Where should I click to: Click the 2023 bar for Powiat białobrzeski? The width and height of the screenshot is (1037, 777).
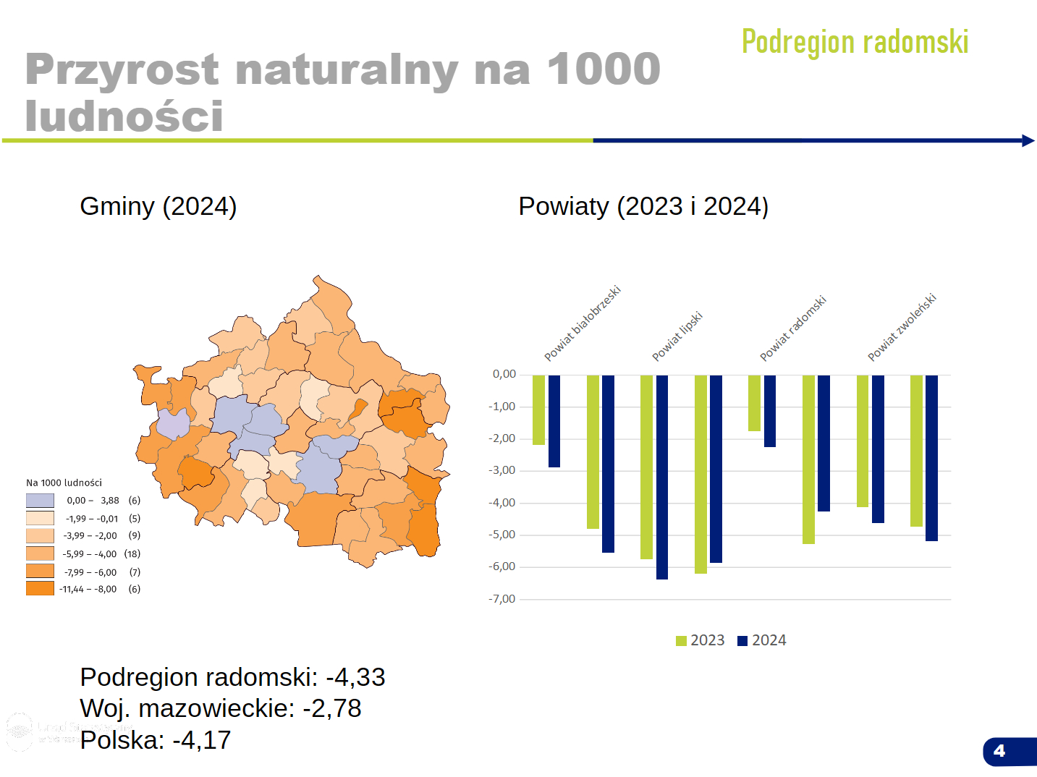coord(538,409)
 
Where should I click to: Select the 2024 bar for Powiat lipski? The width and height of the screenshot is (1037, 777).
coord(661,477)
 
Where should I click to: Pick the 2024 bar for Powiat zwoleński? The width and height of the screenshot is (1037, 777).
coord(878,449)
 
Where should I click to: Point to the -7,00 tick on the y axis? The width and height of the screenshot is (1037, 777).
coord(502,599)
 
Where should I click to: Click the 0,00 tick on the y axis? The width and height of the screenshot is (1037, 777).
coord(504,374)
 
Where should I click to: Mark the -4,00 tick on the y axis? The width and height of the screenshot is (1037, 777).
coord(502,503)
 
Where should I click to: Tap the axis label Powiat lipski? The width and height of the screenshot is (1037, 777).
coord(677,336)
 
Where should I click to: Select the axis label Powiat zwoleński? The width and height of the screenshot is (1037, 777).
coord(902,327)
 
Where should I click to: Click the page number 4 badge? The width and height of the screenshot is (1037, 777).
coord(1000,751)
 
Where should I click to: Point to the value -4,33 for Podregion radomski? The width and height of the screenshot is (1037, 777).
coord(355,677)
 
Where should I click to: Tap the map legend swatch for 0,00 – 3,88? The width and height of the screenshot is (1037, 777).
coord(40,501)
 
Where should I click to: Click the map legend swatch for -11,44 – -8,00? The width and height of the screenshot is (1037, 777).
coord(40,589)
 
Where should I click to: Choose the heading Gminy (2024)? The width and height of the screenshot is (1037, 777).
coord(158,206)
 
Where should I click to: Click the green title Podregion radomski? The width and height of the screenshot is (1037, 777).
coord(855,42)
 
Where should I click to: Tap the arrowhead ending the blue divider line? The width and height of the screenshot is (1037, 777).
coord(1028,140)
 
